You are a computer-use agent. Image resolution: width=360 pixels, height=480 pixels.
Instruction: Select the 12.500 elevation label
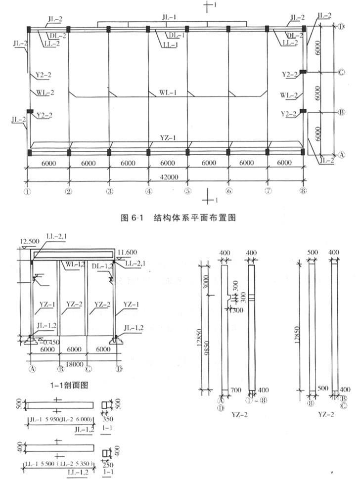29,241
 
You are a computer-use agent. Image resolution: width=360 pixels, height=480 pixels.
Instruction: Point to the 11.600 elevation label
129,252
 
